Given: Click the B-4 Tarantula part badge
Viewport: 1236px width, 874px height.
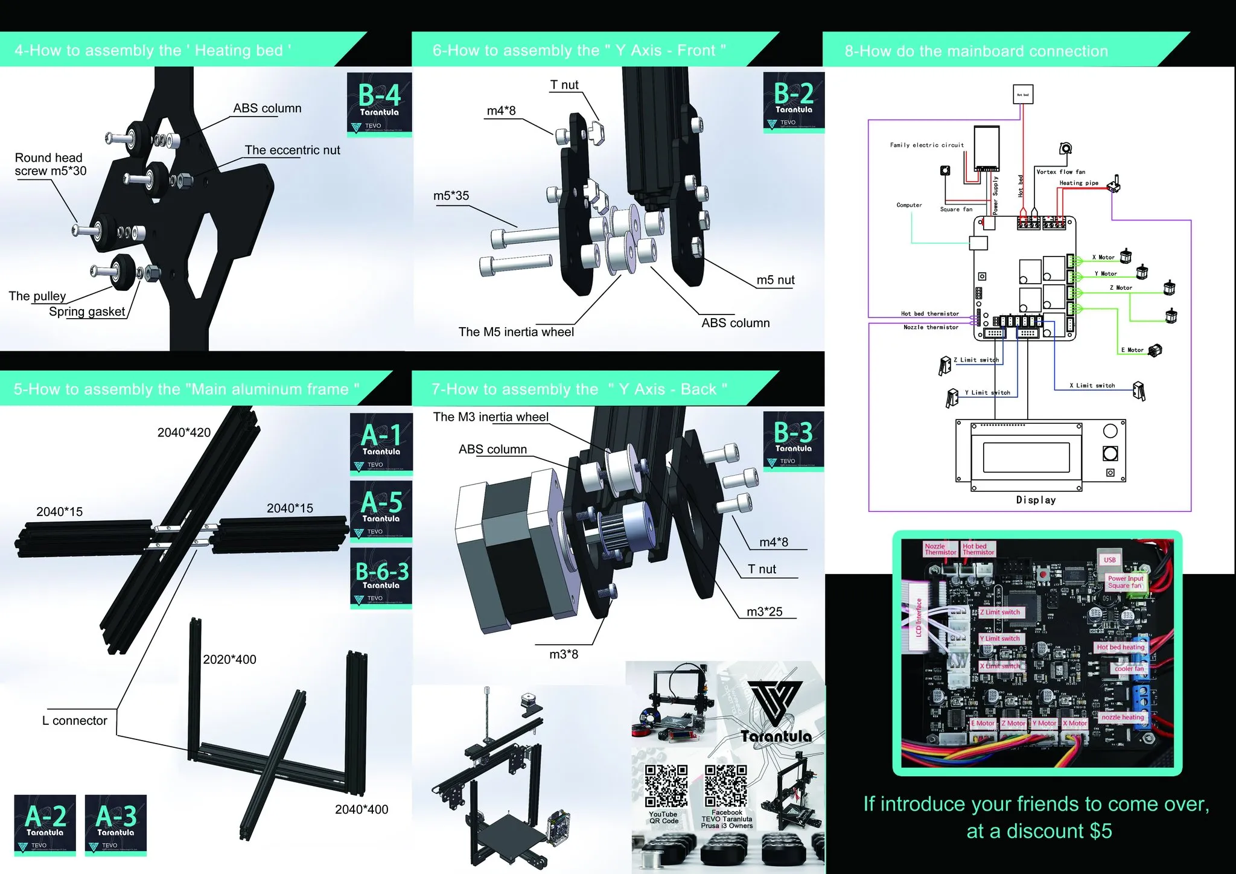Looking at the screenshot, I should pos(379,104).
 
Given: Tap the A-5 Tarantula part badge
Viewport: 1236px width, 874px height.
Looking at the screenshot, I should pos(381,510).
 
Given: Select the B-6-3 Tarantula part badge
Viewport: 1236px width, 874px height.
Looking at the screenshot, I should pos(381,576).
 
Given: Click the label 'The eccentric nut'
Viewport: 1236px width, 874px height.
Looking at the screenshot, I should pos(292,150).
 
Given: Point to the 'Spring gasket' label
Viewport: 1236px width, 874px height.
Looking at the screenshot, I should pos(87,311).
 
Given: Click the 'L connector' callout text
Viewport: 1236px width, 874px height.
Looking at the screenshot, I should pos(74,721).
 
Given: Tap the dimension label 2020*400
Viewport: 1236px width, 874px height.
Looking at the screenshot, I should pos(229,660).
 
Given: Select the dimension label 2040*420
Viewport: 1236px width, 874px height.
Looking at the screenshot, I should pos(184,433).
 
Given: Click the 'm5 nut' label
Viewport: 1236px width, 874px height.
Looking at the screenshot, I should pos(776,280).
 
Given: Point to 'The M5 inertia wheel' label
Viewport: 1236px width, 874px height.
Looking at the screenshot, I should pos(516,332).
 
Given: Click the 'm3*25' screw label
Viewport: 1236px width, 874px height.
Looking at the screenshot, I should pos(764,612).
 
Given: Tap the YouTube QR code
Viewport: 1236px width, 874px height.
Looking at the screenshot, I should pos(666,786).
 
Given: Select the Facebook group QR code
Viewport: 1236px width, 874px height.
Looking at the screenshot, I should pos(726,786).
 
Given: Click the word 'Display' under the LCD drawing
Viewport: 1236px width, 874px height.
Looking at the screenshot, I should pos(1036,500).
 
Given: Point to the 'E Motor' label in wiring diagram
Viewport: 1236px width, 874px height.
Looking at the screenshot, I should pos(1132,350).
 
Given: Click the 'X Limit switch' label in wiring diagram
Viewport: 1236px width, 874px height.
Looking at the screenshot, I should pos(1092,386).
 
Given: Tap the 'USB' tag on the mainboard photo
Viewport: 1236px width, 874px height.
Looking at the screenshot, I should pos(1110,560).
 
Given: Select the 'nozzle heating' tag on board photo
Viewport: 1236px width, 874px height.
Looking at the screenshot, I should pos(1123,717).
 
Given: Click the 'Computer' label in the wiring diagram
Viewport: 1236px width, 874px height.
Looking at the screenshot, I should pos(909,205).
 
